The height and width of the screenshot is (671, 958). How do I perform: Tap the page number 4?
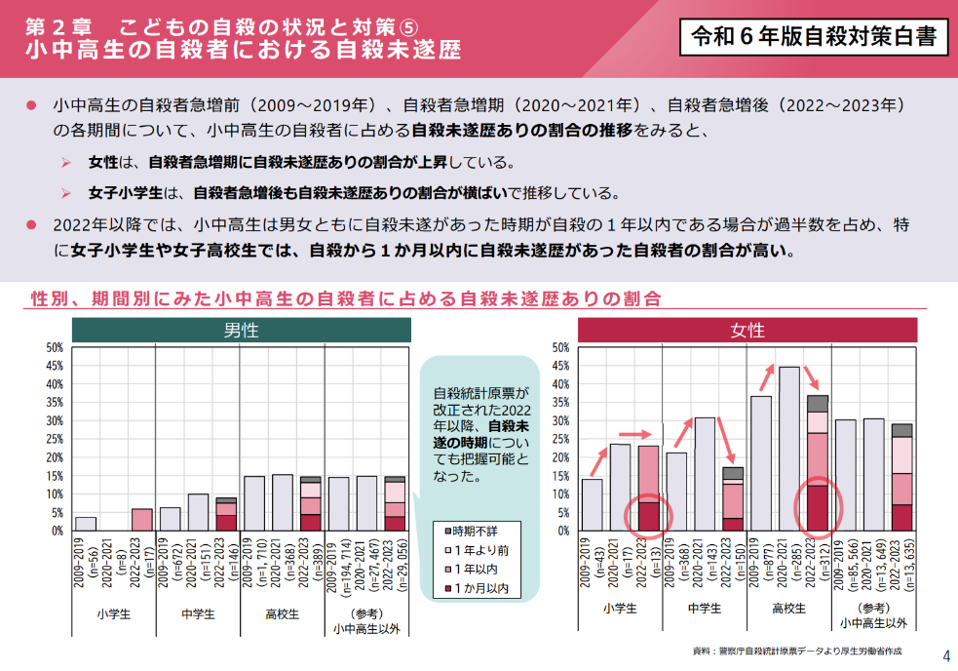point(944,654)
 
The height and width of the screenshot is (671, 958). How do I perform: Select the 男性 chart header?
point(241,331)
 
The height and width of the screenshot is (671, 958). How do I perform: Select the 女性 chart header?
point(747,331)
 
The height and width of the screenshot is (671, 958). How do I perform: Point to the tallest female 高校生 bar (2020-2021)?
point(789,449)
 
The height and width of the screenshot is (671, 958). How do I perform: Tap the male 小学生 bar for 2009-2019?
point(86,524)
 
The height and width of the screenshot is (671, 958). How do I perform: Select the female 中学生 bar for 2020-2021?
point(705,474)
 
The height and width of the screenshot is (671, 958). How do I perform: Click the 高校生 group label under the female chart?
point(788,609)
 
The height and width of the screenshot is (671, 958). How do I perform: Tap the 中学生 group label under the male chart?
point(198,613)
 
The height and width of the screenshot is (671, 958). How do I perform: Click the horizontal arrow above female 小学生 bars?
point(634,433)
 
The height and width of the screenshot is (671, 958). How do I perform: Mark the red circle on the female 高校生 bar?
point(818,507)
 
